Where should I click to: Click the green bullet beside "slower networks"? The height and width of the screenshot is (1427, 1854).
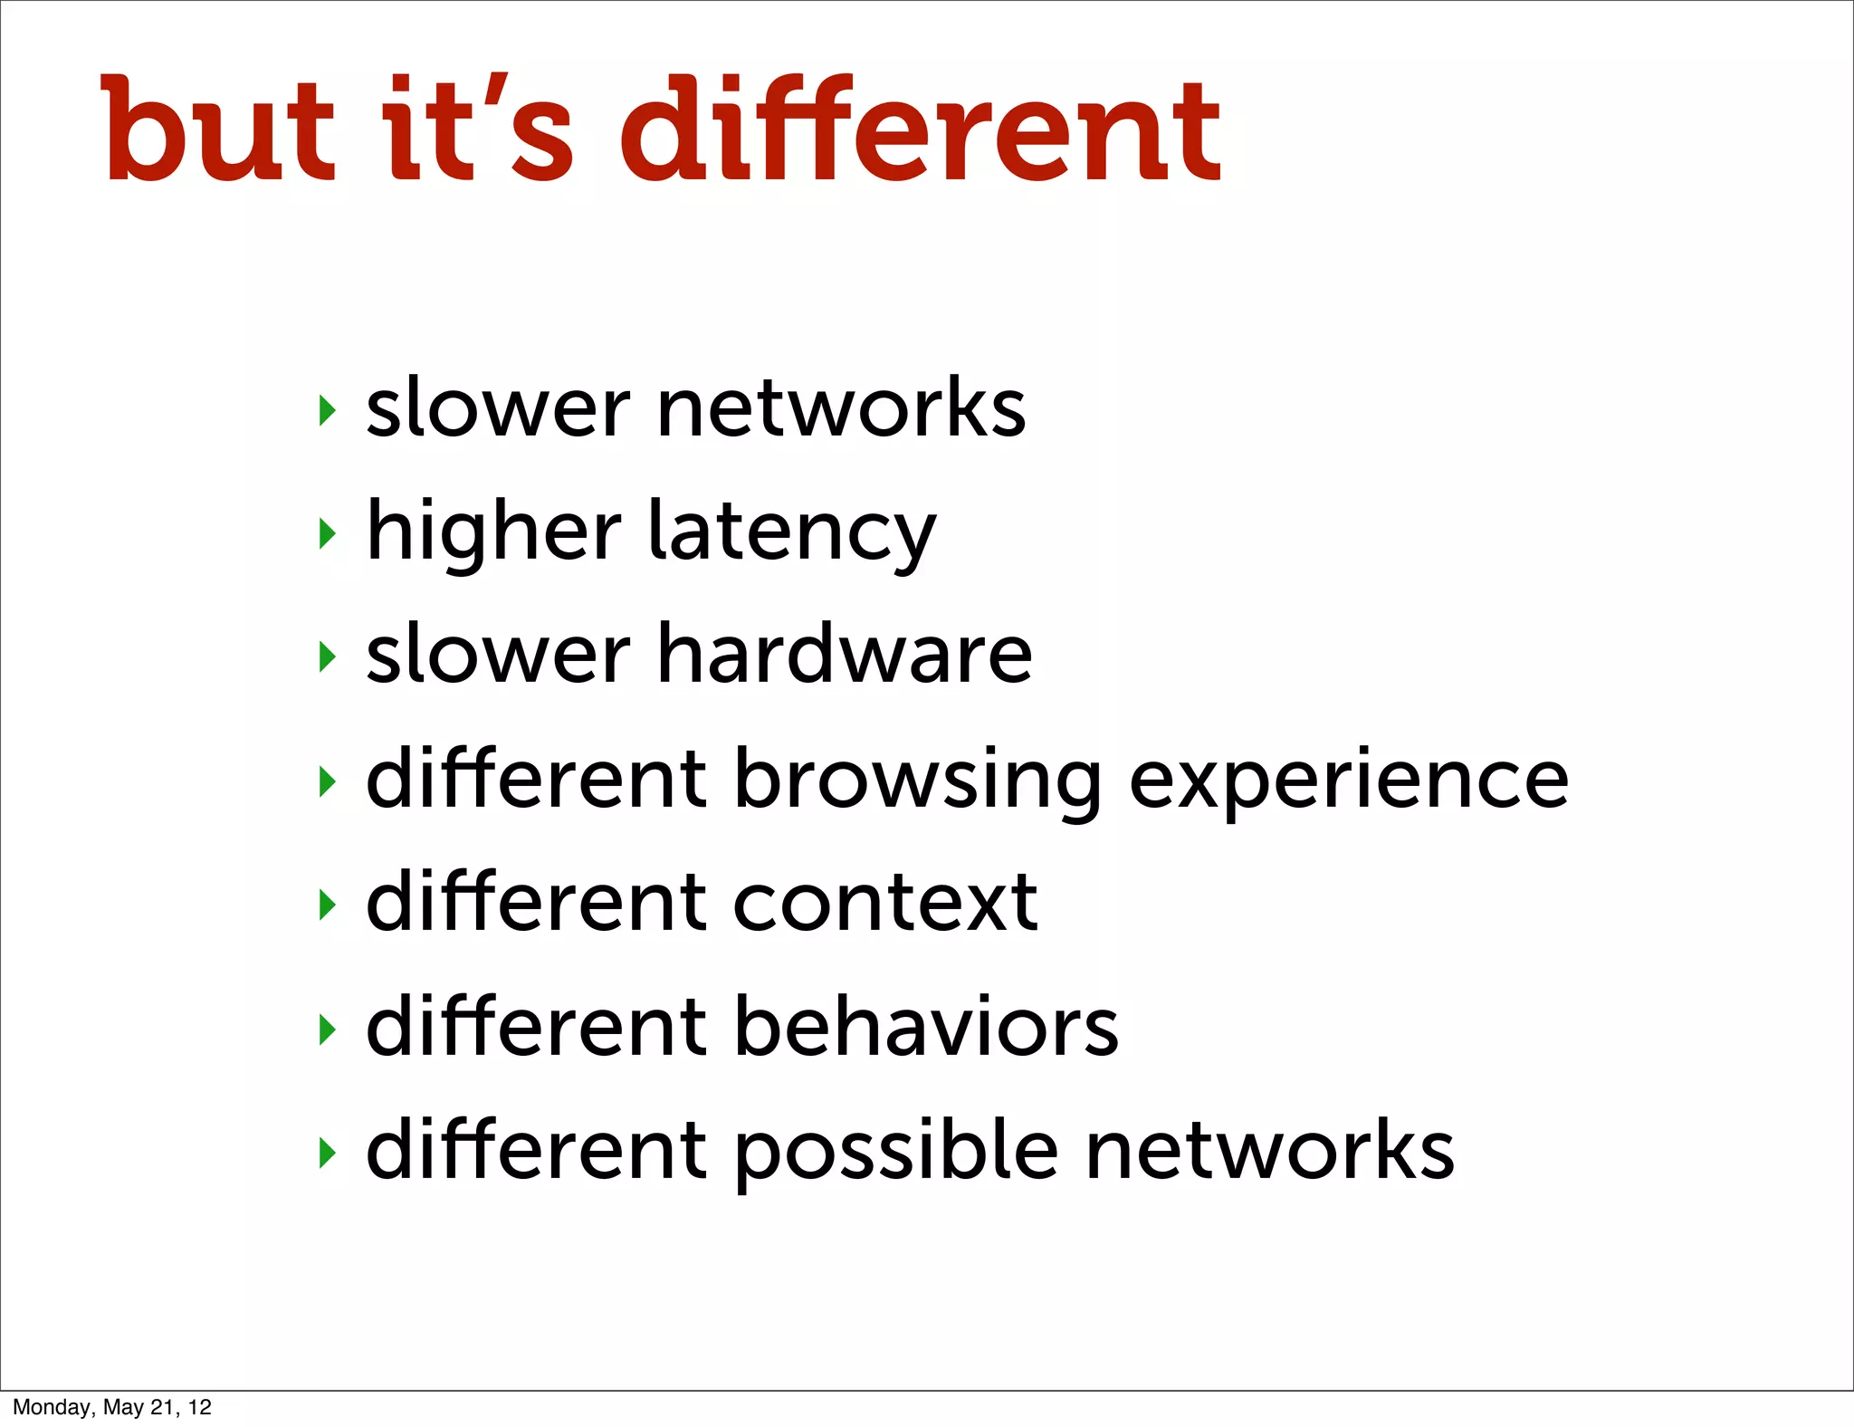click(328, 410)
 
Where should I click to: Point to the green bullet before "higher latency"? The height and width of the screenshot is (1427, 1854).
click(328, 533)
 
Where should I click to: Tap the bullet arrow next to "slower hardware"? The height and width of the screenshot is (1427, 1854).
click(328, 656)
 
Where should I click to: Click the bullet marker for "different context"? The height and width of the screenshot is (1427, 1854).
click(328, 904)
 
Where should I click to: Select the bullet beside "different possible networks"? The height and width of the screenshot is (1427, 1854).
click(328, 1152)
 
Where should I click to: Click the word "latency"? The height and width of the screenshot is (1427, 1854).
click(792, 533)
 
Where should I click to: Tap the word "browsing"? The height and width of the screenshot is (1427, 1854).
click(917, 781)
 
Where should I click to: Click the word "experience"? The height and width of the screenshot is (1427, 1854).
click(1349, 781)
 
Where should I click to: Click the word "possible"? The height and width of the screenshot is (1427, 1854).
click(894, 1152)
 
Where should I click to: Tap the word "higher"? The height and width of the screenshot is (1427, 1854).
click(494, 533)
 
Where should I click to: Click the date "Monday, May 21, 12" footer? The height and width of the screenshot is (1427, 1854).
click(112, 1407)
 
